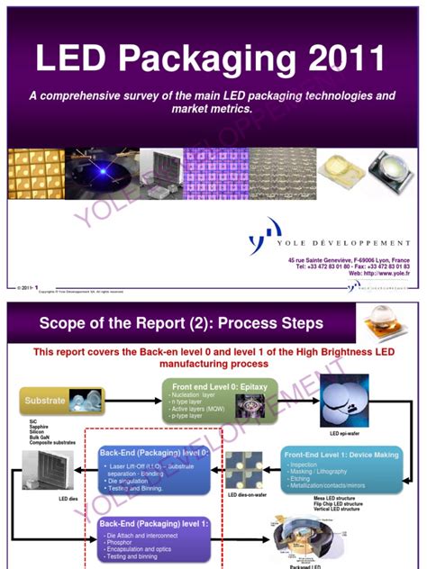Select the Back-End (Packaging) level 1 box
click(155, 524)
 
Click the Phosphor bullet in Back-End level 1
click(126, 544)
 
